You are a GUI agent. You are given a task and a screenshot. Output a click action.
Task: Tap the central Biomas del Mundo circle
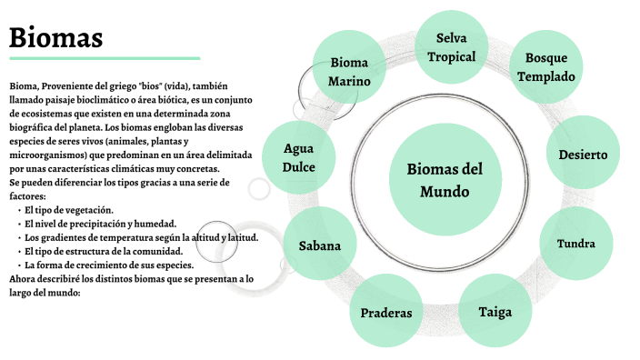click(445, 180)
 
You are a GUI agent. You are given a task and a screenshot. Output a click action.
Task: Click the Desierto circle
click(583, 155)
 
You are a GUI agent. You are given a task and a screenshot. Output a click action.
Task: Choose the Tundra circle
click(576, 244)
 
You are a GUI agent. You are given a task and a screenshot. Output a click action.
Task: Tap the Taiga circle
click(495, 312)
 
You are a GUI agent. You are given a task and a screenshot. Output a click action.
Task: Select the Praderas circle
click(386, 313)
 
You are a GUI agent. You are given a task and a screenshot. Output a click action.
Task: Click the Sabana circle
click(320, 245)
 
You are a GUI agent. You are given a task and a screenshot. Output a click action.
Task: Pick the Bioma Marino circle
click(350, 72)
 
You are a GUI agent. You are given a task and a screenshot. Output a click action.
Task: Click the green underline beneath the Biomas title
click(105, 58)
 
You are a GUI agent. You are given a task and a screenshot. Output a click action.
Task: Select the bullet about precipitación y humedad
click(100, 224)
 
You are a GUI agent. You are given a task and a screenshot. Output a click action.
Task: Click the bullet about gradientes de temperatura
click(142, 237)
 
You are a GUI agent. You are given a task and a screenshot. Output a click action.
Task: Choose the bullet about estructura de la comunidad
click(104, 251)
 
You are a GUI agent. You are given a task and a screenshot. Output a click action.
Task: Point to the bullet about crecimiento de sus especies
click(107, 265)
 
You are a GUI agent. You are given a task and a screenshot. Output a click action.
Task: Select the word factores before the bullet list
click(26, 195)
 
